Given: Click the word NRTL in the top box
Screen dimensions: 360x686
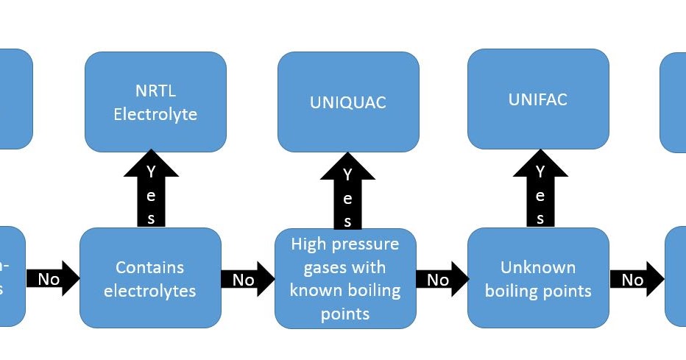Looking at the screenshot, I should point(155,91).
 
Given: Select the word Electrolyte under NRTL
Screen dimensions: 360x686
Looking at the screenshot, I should point(155,115).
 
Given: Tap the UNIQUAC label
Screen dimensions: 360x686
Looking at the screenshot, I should point(348,102).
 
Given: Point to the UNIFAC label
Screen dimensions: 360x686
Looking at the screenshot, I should point(538,99).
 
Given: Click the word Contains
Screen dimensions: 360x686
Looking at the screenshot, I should point(150,267).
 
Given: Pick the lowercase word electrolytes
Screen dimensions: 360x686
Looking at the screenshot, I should point(150,291).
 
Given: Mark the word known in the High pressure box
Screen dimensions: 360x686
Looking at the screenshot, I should point(314,290).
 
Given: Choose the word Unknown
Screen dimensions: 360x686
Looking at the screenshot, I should point(538,267).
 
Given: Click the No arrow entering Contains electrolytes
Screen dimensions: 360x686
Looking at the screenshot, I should point(52,279).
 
